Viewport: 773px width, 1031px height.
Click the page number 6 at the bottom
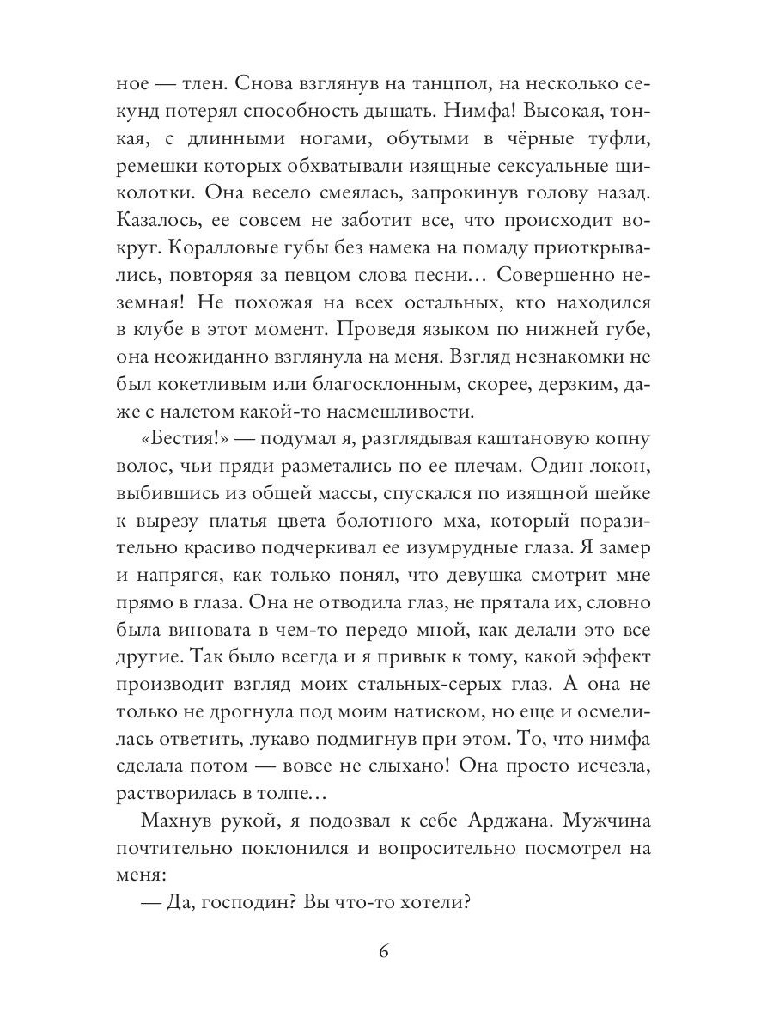pos(386,953)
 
